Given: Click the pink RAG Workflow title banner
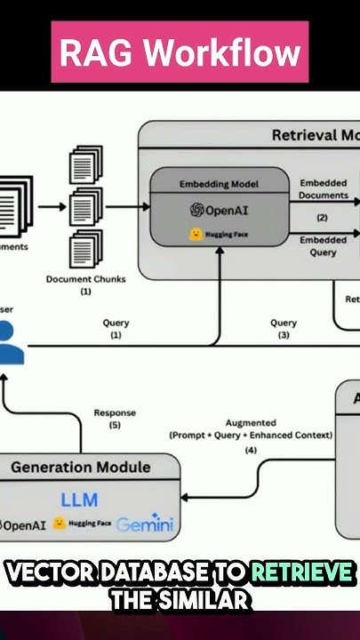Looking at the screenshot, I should pos(180,52).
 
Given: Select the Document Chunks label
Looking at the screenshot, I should pos(85,278).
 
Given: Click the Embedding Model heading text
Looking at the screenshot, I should pos(219,184).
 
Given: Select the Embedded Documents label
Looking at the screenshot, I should pos(323,188).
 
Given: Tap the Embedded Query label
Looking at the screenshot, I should pos(323,246).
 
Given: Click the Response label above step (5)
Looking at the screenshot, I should pos(115,412).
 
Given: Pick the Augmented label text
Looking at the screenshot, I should pos(251,422).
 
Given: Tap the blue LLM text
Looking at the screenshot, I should pos(79,499).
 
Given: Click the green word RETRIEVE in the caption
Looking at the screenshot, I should pos(301,573).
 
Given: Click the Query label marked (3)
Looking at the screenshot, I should pos(284,323).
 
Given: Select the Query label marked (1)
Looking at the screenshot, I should pos(116,323).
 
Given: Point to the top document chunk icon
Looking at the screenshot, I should pos(85,166).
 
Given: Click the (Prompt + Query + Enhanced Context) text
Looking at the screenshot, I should pos(251,435).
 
